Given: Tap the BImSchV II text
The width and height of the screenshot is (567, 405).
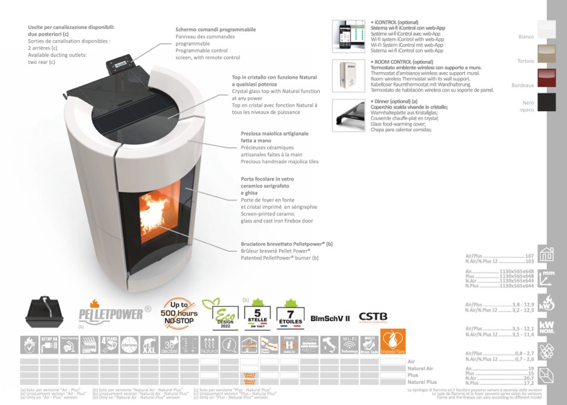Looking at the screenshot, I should (329, 318).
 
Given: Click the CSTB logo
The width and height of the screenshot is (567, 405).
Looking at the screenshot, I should (373, 318).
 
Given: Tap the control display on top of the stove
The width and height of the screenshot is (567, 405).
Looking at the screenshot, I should (120, 63).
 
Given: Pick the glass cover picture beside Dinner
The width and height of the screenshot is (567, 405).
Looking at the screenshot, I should (348, 115).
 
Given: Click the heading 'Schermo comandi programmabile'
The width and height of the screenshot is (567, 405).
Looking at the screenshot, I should (215, 29).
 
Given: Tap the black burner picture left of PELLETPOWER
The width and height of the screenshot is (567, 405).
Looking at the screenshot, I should (45, 311).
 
